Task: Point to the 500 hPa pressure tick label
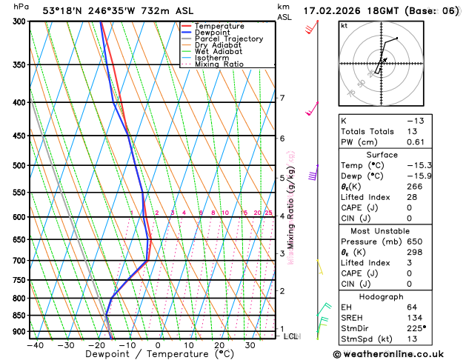(x=17, y=165)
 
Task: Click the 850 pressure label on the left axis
(x=17, y=316)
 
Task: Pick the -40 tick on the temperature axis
(x=34, y=345)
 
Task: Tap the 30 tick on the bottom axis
(x=250, y=345)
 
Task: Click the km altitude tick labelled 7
(x=282, y=98)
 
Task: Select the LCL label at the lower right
(x=290, y=336)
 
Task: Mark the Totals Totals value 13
(x=412, y=131)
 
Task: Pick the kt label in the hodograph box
(x=344, y=26)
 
